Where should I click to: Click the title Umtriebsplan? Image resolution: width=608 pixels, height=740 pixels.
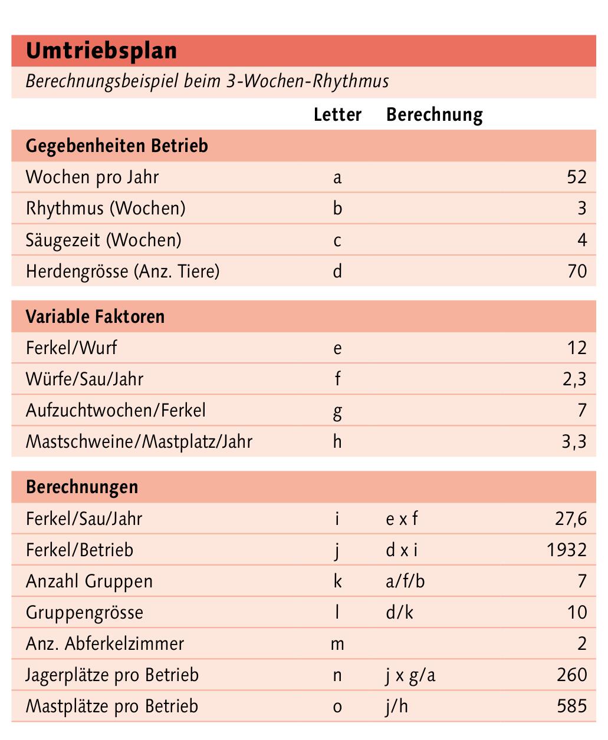(x=101, y=51)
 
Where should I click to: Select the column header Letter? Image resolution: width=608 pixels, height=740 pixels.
(x=337, y=114)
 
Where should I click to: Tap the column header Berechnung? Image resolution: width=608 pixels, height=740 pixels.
(x=434, y=114)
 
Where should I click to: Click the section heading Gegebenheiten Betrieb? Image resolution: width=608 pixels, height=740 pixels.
(x=117, y=146)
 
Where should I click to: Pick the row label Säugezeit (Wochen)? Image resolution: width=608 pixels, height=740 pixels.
(x=104, y=240)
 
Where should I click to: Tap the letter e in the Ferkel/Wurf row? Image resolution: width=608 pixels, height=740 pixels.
(x=337, y=348)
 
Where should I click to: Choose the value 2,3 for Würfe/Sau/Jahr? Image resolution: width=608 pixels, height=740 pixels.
(x=574, y=379)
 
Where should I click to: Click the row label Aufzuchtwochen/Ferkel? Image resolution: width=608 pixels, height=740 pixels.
(x=116, y=411)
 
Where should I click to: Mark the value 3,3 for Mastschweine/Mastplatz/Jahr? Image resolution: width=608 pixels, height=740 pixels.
(x=574, y=442)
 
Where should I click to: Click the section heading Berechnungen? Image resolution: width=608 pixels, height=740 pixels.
(x=82, y=487)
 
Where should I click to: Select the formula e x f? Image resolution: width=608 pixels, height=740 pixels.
(x=402, y=519)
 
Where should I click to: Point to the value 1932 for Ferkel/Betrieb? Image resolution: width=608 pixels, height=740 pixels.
(x=567, y=550)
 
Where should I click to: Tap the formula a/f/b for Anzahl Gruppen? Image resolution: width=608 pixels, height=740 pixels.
(x=405, y=582)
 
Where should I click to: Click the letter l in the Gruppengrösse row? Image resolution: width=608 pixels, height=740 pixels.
(x=337, y=613)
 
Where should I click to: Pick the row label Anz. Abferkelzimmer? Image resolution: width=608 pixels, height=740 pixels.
(x=105, y=644)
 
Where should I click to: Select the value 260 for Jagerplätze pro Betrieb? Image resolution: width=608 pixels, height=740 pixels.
(x=571, y=675)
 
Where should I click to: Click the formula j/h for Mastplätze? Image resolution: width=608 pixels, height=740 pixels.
(x=397, y=706)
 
